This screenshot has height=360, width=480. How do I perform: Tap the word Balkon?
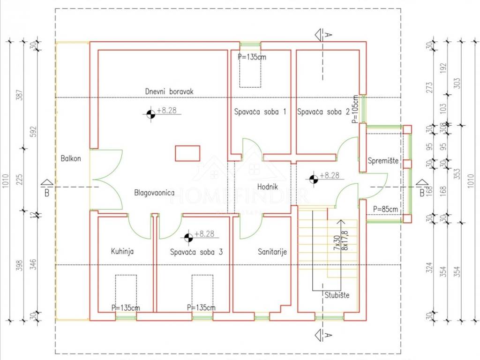(71, 158)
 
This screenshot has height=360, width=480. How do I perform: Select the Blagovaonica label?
(154, 193)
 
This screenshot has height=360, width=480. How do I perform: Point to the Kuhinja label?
(122, 251)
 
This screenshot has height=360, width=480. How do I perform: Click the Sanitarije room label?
(272, 252)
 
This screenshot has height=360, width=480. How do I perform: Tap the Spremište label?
(383, 161)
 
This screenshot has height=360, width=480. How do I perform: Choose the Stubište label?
(337, 295)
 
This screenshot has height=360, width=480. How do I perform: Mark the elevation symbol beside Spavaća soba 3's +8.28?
(188, 238)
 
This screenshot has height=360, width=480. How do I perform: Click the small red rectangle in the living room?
(187, 153)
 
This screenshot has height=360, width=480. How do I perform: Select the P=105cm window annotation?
(355, 110)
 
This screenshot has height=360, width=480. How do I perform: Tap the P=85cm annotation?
(385, 209)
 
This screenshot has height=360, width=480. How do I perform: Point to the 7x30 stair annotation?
(336, 242)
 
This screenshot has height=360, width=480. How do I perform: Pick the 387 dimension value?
(19, 96)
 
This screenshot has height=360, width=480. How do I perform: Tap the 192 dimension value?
(443, 69)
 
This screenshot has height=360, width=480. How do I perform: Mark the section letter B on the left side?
(47, 192)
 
